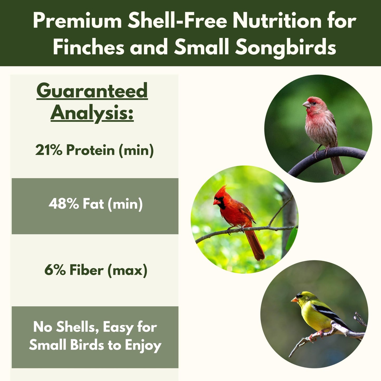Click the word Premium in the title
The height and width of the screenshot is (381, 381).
coord(77,21)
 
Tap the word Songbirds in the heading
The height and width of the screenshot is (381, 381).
coord(286,47)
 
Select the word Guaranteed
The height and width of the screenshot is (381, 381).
coord(92,91)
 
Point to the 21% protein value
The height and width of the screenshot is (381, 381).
coord(49,150)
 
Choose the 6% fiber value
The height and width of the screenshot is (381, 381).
coord(55,270)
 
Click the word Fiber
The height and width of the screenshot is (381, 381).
coord(86,270)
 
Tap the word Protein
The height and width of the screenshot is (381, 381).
coord(90,150)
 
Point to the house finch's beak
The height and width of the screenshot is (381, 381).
coord(306,104)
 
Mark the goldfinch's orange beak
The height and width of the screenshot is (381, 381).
coord(294,300)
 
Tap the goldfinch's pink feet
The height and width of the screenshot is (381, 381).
coord(316,335)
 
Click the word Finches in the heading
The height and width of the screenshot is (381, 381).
coord(88,47)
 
